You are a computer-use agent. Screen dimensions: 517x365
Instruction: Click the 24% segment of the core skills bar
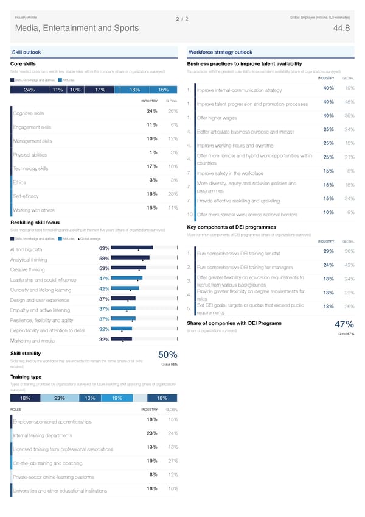(x=29, y=90)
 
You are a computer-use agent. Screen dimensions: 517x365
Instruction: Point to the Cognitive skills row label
(x=28, y=113)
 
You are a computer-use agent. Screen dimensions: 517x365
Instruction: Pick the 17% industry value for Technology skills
(x=153, y=166)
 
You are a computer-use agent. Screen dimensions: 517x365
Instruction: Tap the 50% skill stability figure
(x=167, y=355)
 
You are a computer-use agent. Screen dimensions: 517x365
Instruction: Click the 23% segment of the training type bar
(x=60, y=398)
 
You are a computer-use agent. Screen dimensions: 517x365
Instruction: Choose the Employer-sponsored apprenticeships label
(x=52, y=422)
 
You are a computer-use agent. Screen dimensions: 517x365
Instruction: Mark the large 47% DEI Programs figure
(x=336, y=325)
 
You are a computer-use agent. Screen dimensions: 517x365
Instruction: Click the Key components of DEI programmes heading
(x=232, y=227)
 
